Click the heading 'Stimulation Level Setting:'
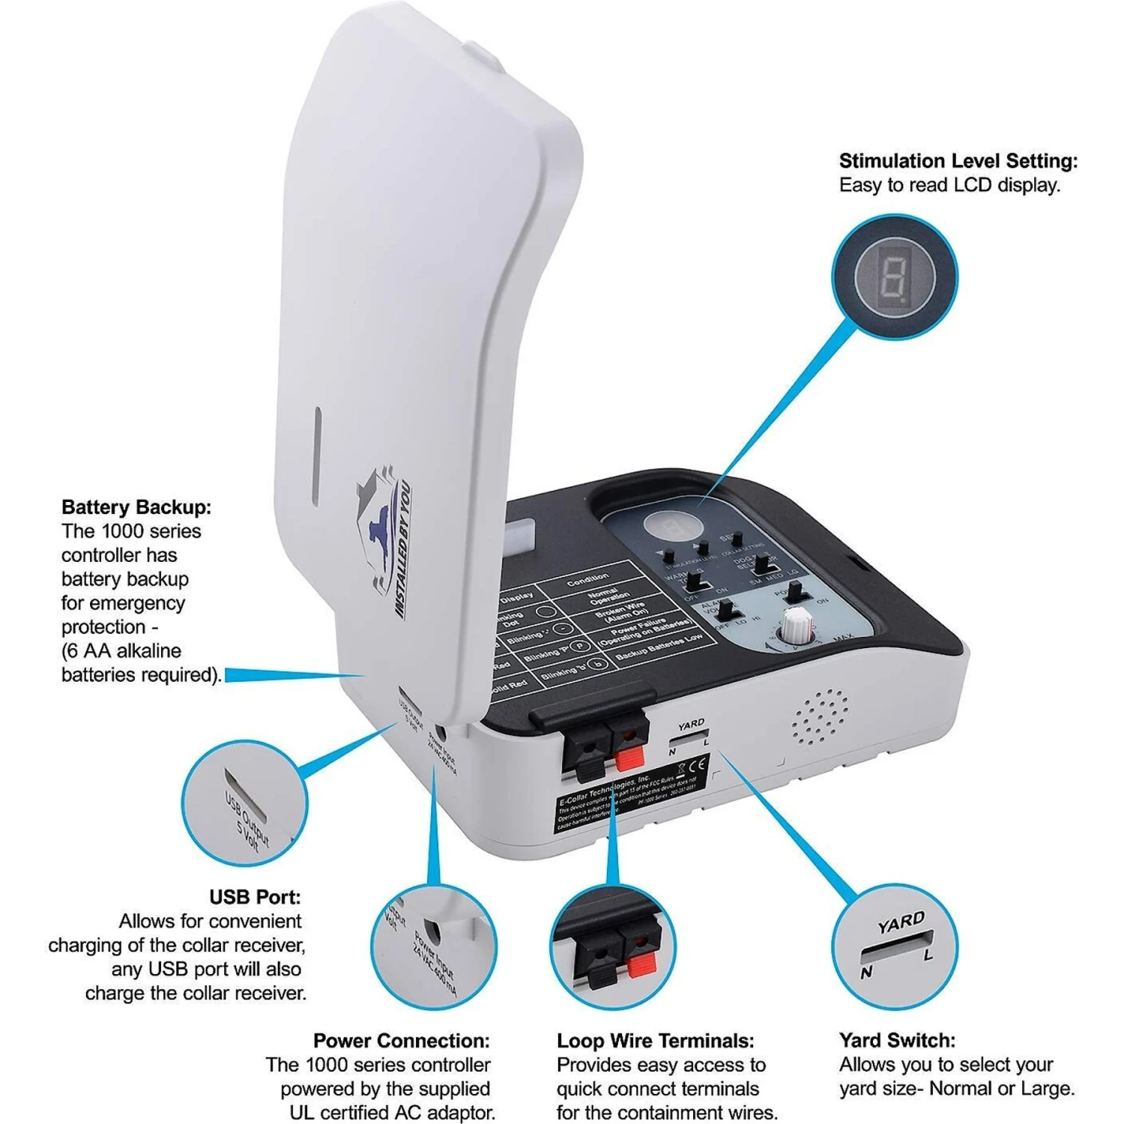point(958,161)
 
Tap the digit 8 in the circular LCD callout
point(895,278)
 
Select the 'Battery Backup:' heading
point(136,507)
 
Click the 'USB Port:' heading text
point(255,897)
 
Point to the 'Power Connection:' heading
point(402,1041)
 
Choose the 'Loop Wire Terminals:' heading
point(655,1041)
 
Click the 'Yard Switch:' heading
point(897,1041)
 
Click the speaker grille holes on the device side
point(821,717)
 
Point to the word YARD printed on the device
point(691,725)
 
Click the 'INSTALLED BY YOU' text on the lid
point(403,549)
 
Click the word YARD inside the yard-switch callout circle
point(901,923)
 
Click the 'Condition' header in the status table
point(588,581)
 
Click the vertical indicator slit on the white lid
point(317,456)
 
